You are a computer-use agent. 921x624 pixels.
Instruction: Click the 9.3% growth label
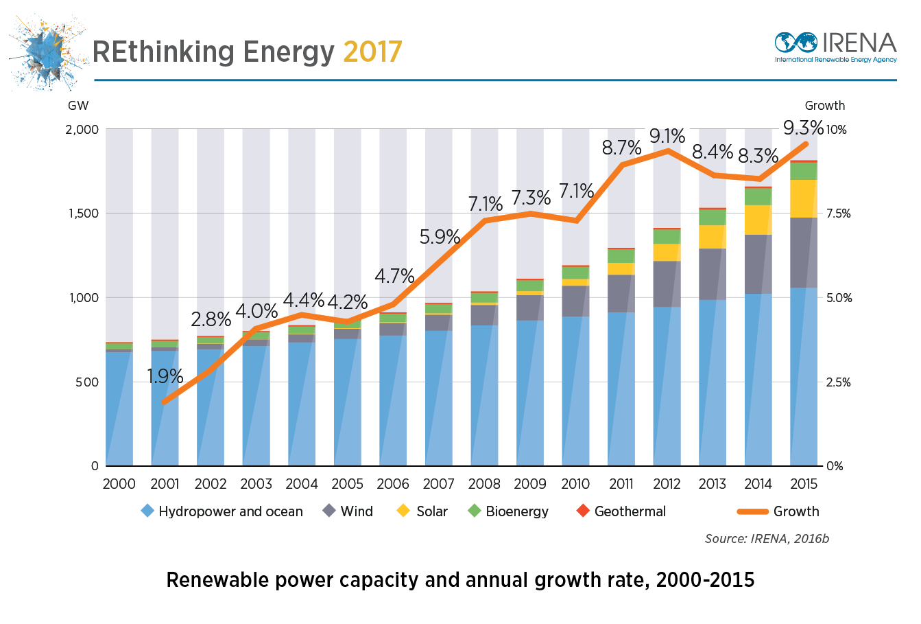click(804, 128)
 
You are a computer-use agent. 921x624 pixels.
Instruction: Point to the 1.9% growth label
click(165, 376)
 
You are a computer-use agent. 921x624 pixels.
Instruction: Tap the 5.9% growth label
click(440, 237)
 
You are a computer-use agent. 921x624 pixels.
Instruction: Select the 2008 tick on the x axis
click(484, 484)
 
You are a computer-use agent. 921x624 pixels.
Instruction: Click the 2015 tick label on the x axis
click(804, 484)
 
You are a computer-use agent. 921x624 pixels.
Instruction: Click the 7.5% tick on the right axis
click(838, 213)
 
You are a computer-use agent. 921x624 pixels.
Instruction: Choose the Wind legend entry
click(348, 511)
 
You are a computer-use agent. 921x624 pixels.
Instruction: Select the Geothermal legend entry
click(621, 511)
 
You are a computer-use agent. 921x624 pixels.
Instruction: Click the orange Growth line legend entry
click(778, 511)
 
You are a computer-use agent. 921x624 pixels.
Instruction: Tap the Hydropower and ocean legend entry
click(222, 511)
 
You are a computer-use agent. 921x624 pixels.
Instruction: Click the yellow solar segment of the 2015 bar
click(804, 199)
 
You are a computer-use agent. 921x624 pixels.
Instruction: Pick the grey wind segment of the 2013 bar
click(713, 274)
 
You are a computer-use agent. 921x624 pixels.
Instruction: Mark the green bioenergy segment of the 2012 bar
click(667, 237)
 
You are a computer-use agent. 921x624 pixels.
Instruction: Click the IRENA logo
click(835, 48)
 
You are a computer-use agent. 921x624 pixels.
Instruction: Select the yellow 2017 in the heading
click(372, 52)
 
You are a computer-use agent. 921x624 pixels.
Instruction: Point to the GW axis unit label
click(78, 106)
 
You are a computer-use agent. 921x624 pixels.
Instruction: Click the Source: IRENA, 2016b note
click(767, 539)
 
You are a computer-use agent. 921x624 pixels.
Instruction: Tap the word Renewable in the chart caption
click(218, 580)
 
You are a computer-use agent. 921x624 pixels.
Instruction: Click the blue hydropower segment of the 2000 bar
click(119, 408)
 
